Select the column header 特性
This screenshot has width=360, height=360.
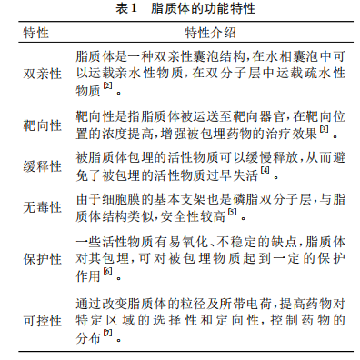coord(39,34)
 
